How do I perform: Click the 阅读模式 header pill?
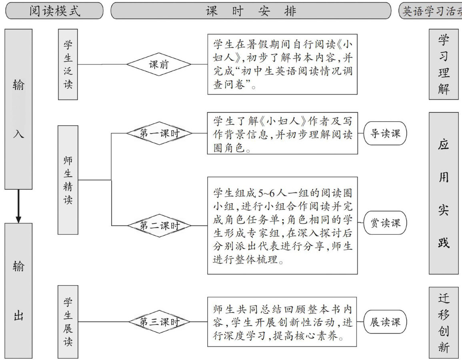[x=54, y=11]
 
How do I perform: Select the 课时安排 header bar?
[x=251, y=11]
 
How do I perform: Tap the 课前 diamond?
[x=159, y=64]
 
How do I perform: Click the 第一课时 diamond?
[x=159, y=134]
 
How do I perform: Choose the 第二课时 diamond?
[x=159, y=226]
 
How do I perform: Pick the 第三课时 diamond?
[x=159, y=322]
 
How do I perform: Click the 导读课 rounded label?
[x=385, y=133]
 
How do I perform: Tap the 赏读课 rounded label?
[x=385, y=223]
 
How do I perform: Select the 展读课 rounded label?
[x=385, y=322]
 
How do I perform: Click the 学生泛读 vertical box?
[x=68, y=64]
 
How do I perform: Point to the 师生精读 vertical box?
[x=68, y=180]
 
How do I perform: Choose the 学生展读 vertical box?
[x=68, y=322]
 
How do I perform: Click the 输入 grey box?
[x=18, y=109]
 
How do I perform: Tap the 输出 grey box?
[x=18, y=291]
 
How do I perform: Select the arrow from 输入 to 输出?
[x=18, y=206]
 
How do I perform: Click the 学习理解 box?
[x=444, y=64]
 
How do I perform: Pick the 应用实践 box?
[x=444, y=193]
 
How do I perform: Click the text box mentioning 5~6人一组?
[x=282, y=226]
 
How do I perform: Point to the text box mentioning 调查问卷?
[x=282, y=64]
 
